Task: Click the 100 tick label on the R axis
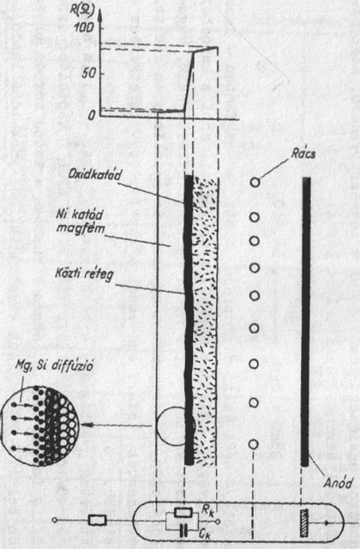84,27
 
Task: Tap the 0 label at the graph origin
92,116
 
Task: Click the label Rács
303,154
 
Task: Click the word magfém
81,228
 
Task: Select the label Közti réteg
85,274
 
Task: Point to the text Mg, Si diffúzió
55,365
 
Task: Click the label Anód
338,483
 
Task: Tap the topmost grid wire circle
255,182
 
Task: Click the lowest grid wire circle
254,444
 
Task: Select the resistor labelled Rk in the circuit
183,513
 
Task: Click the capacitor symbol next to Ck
183,531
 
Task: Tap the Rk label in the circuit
207,510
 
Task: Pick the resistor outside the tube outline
97,521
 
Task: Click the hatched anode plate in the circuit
304,522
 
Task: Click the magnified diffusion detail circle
39,425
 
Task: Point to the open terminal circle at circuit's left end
55,521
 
